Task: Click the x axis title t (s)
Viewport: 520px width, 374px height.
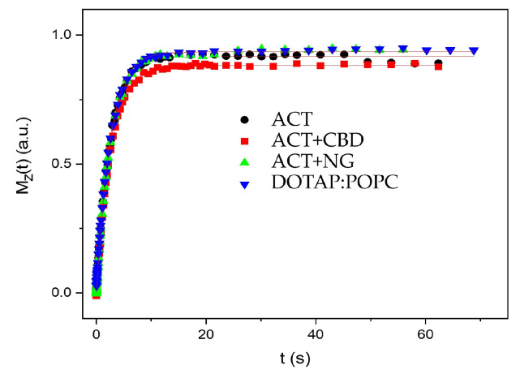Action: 289,357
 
